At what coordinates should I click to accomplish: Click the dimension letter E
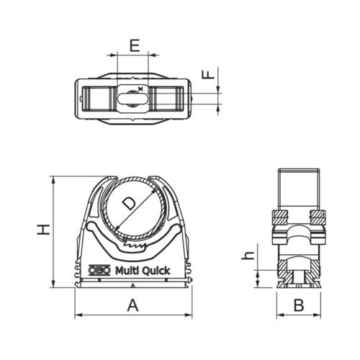click(134, 45)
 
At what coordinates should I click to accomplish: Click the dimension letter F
click(207, 74)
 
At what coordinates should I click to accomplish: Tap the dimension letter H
click(44, 229)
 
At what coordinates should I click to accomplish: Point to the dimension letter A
click(132, 305)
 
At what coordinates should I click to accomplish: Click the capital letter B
click(299, 304)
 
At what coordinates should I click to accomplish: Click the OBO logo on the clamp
click(99, 271)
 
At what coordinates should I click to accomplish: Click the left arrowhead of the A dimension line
click(78, 315)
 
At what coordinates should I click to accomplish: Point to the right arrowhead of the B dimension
click(319, 315)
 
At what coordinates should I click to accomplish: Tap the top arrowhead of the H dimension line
click(53, 179)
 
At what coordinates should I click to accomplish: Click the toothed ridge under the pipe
click(134, 246)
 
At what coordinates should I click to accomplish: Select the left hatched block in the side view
click(279, 215)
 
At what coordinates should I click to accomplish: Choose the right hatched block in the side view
click(318, 215)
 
